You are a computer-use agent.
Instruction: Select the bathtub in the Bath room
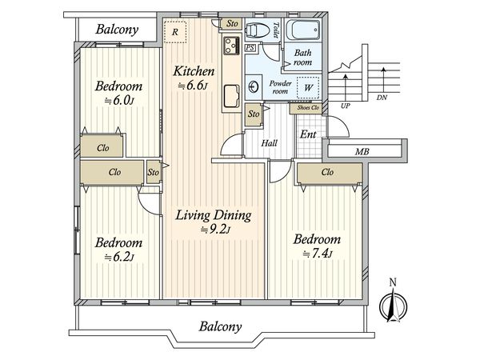pos(303,30)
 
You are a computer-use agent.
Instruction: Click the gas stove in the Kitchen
pos(232,46)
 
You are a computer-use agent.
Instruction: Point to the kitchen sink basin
pos(232,96)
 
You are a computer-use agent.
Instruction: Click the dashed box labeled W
pos(308,87)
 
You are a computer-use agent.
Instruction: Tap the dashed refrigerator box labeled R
pos(175,32)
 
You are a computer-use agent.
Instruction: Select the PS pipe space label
pos(250,48)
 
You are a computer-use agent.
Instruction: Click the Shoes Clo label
pos(308,108)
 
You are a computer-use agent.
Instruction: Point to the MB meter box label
pos(362,151)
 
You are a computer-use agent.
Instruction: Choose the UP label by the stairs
pos(345,106)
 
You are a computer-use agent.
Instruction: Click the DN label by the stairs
pos(382,98)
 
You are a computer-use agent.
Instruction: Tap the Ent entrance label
pos(308,134)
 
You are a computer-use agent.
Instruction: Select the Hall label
pos(269,143)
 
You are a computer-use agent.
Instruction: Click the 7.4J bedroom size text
pos(318,254)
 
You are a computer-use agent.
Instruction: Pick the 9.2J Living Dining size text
pos(215,230)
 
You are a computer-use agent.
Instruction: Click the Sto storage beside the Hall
pos(254,114)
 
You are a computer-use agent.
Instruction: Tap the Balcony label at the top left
pos(117,30)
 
